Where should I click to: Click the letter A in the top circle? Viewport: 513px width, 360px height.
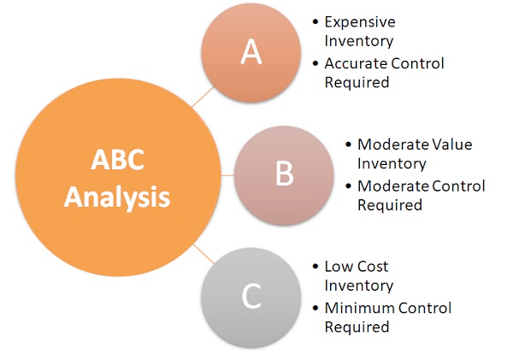(x=251, y=51)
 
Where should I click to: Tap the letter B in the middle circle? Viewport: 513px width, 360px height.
(x=285, y=174)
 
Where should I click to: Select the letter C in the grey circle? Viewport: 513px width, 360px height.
(x=251, y=296)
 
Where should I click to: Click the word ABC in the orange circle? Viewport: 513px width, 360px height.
(x=117, y=159)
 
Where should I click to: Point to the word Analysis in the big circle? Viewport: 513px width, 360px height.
(x=117, y=197)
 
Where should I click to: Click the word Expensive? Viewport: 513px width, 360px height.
(x=360, y=22)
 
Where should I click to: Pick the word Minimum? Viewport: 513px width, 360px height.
(x=358, y=308)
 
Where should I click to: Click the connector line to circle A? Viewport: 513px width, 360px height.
(x=203, y=97)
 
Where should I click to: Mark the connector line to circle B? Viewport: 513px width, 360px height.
(x=227, y=175)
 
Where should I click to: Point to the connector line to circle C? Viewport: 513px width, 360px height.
(x=203, y=254)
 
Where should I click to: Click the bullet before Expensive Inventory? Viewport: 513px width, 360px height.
(x=315, y=22)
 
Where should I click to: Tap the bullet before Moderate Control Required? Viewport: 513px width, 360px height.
(x=348, y=186)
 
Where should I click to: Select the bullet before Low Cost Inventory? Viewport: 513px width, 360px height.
(x=315, y=267)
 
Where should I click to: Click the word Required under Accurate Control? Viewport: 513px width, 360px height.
(x=357, y=82)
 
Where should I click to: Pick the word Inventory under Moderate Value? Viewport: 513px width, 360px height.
(x=392, y=163)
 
